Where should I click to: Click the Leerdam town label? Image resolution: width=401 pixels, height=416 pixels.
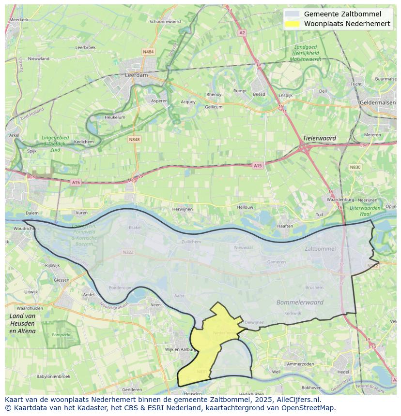coord(136,75)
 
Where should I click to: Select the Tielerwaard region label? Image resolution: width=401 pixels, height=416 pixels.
coord(319,138)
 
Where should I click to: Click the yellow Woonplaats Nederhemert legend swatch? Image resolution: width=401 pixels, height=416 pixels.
coord(292,24)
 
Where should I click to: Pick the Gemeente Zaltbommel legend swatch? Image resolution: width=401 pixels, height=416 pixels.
coord(292,14)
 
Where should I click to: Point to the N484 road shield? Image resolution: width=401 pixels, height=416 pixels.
coord(148,51)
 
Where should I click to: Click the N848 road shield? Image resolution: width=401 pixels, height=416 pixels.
coord(134,139)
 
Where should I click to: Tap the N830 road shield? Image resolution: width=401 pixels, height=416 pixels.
coord(355,167)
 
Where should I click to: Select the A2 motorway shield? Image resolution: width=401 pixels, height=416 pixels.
coord(242,33)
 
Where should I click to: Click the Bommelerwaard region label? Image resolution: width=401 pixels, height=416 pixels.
coord(300,302)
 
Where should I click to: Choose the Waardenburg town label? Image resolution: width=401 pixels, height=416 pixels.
coord(338,199)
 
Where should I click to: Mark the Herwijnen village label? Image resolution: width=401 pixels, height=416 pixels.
coord(183,209)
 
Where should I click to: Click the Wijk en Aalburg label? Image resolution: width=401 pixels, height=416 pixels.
coord(180,349)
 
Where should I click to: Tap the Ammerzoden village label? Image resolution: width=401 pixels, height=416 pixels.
coord(301,364)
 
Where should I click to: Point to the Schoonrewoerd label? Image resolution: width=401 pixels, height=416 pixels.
coord(165,21)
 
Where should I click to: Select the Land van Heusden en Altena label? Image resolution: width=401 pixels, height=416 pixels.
coord(22,323)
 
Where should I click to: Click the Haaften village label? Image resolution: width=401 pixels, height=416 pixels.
coord(285,226)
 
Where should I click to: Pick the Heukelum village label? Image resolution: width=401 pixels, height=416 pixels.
coord(115,117)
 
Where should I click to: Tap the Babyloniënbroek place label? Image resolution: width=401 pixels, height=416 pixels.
coord(53,376)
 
